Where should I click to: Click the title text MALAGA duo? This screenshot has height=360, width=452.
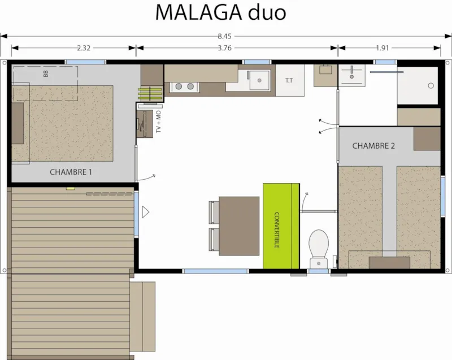[x=221, y=12]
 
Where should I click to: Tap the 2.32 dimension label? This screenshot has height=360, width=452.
[x=84, y=47]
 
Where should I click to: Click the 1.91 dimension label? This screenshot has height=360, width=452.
[x=383, y=47]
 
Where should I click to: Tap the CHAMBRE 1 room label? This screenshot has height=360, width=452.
[x=71, y=172]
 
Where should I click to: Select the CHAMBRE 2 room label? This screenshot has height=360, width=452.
[x=373, y=146]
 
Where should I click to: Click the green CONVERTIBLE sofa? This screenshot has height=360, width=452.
[x=281, y=226]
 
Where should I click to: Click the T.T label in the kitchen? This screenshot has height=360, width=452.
[x=289, y=81]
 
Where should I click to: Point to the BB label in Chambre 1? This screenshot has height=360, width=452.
[x=46, y=73]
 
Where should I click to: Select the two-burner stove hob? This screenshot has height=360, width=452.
[x=185, y=86]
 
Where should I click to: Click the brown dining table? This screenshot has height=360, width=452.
[x=238, y=224]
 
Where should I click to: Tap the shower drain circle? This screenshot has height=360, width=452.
[x=431, y=86]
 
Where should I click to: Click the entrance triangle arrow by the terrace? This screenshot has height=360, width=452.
[x=145, y=212]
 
